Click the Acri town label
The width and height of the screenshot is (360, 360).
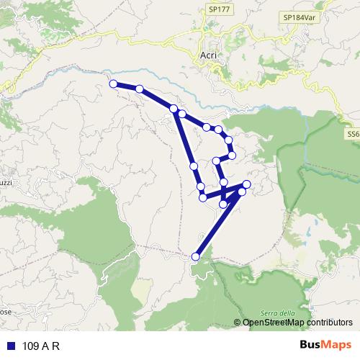pyautogui.click(x=207, y=55)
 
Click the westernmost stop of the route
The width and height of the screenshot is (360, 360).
pyautogui.click(x=113, y=84)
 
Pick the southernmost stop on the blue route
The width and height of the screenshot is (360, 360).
pyautogui.click(x=195, y=256)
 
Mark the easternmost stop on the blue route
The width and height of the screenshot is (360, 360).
pyautogui.click(x=247, y=185)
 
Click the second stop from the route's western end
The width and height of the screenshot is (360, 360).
pyautogui.click(x=140, y=89)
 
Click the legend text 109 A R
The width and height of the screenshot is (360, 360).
pyautogui.click(x=40, y=345)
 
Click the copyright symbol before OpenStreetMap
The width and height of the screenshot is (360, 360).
pyautogui.click(x=238, y=323)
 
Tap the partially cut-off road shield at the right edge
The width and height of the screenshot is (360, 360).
pyautogui.click(x=353, y=134)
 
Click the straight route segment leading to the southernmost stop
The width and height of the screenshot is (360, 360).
pyautogui.click(x=218, y=224)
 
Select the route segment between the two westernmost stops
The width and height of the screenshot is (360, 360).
pyautogui.click(x=126, y=86)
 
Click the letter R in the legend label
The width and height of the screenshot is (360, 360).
pyautogui.click(x=54, y=345)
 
